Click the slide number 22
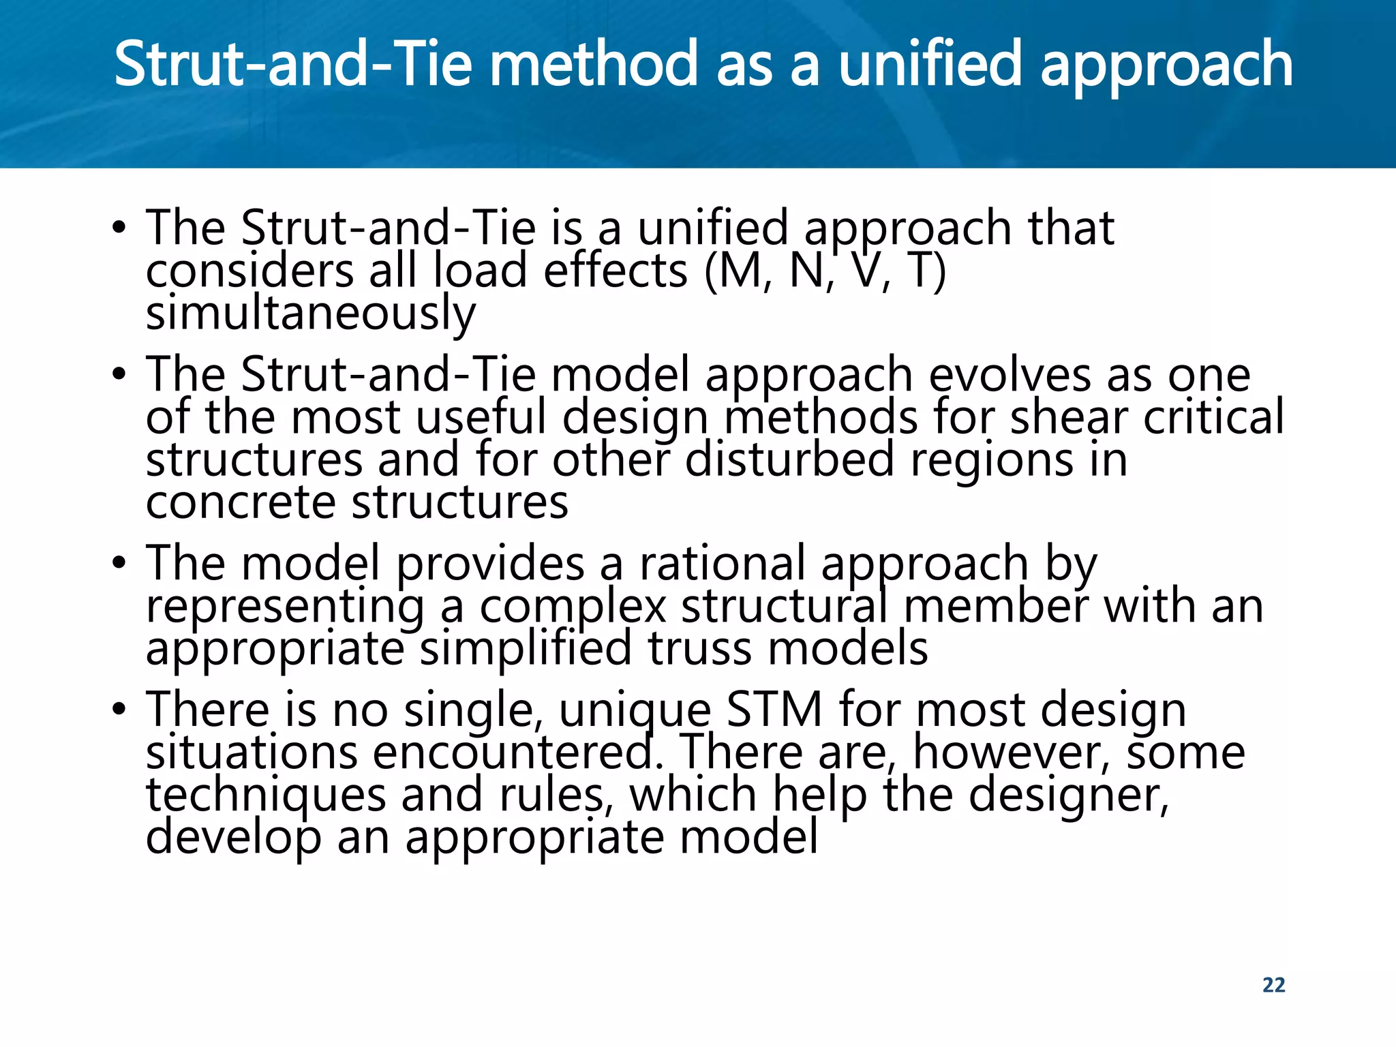tap(1273, 985)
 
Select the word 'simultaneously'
tap(311, 314)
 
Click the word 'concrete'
tap(241, 502)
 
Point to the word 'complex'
tap(573, 606)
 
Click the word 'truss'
tap(699, 648)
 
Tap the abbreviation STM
tap(774, 710)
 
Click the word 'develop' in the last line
tap(233, 838)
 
